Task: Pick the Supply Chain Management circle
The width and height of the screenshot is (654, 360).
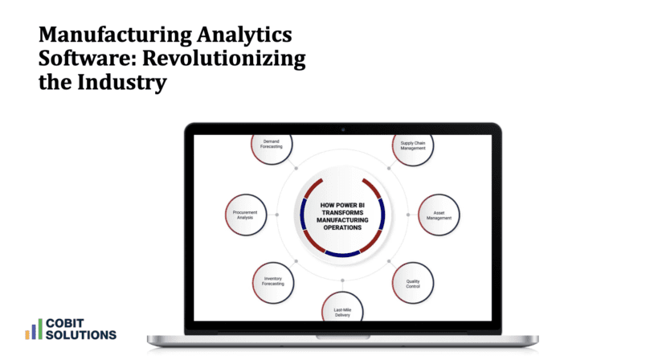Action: point(413,145)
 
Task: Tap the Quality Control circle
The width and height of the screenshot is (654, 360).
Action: point(413,282)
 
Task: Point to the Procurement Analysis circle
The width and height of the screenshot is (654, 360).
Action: point(244,215)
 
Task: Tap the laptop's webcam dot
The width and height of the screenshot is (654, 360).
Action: point(342,129)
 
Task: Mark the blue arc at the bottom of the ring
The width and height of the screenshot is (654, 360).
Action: point(342,254)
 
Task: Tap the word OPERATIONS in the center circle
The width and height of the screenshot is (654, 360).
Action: point(342,227)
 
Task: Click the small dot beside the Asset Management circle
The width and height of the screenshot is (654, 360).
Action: point(407,215)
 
